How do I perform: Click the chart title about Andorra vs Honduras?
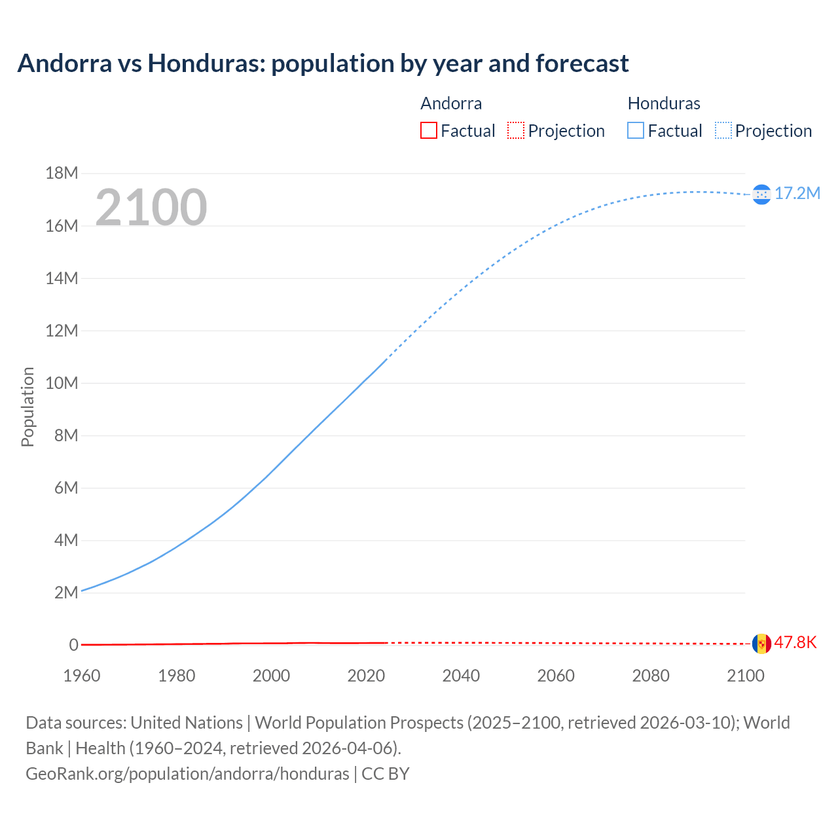click(323, 64)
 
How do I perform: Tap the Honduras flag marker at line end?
click(761, 194)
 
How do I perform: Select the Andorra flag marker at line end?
click(761, 644)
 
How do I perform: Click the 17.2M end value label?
click(797, 194)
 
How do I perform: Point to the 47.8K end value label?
click(795, 643)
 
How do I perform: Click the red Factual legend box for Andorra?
click(428, 131)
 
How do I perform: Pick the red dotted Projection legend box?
click(516, 131)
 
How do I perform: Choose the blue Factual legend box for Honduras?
click(636, 131)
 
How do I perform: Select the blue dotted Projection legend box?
click(723, 131)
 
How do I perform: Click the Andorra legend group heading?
click(451, 103)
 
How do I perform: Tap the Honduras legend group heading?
click(664, 103)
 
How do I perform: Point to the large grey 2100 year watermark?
click(151, 208)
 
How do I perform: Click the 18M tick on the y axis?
click(62, 173)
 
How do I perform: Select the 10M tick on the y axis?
click(62, 383)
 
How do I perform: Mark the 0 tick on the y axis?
click(73, 645)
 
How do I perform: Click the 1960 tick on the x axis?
click(82, 676)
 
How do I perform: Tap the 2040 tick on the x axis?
click(461, 676)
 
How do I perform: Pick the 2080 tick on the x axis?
click(651, 676)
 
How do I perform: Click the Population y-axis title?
click(27, 407)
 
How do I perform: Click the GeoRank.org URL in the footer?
click(187, 774)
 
